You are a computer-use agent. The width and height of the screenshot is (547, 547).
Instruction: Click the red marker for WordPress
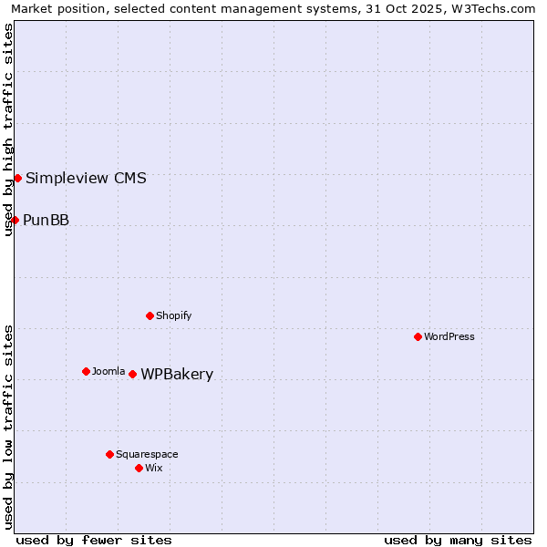point(418,336)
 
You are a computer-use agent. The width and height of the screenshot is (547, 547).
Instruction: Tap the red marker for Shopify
point(150,315)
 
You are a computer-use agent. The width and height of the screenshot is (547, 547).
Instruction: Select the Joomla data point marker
point(86,371)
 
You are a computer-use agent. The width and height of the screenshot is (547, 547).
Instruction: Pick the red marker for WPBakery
point(132,374)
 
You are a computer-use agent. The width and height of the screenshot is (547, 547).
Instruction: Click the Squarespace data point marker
point(109,454)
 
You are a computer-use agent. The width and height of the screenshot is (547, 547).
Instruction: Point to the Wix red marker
point(139,468)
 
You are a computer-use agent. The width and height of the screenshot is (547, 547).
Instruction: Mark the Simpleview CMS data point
point(17,178)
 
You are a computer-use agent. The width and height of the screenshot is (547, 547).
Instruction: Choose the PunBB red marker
point(15,220)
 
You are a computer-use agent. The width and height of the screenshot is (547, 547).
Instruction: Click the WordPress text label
point(449,336)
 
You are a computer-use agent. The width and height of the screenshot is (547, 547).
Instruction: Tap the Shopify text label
point(174,315)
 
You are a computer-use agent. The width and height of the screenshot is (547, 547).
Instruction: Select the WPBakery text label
point(177,375)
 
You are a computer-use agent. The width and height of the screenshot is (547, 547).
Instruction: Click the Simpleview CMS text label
point(86,178)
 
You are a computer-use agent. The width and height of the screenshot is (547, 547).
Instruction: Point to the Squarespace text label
point(147,454)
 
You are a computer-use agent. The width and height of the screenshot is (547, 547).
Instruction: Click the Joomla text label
point(108,371)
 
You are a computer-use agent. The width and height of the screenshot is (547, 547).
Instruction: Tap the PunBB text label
point(46,220)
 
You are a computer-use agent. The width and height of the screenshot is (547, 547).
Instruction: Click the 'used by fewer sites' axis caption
point(94,540)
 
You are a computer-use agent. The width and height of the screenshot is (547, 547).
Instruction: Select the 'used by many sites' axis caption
point(458,540)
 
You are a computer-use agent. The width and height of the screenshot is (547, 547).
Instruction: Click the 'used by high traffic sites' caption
point(9,129)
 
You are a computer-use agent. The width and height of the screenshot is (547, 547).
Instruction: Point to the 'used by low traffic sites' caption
point(9,426)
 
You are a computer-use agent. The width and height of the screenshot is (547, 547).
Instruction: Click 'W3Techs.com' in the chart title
point(492,8)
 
